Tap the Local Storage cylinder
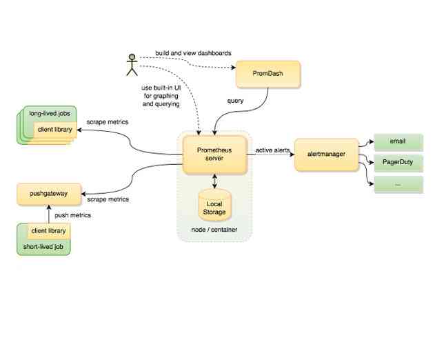click(x=215, y=205)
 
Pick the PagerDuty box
click(x=398, y=163)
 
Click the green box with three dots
click(x=398, y=184)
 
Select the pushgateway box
click(x=49, y=194)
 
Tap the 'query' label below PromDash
click(x=235, y=101)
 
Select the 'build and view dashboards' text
click(x=192, y=53)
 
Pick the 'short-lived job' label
click(x=43, y=246)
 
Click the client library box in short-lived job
click(x=49, y=231)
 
